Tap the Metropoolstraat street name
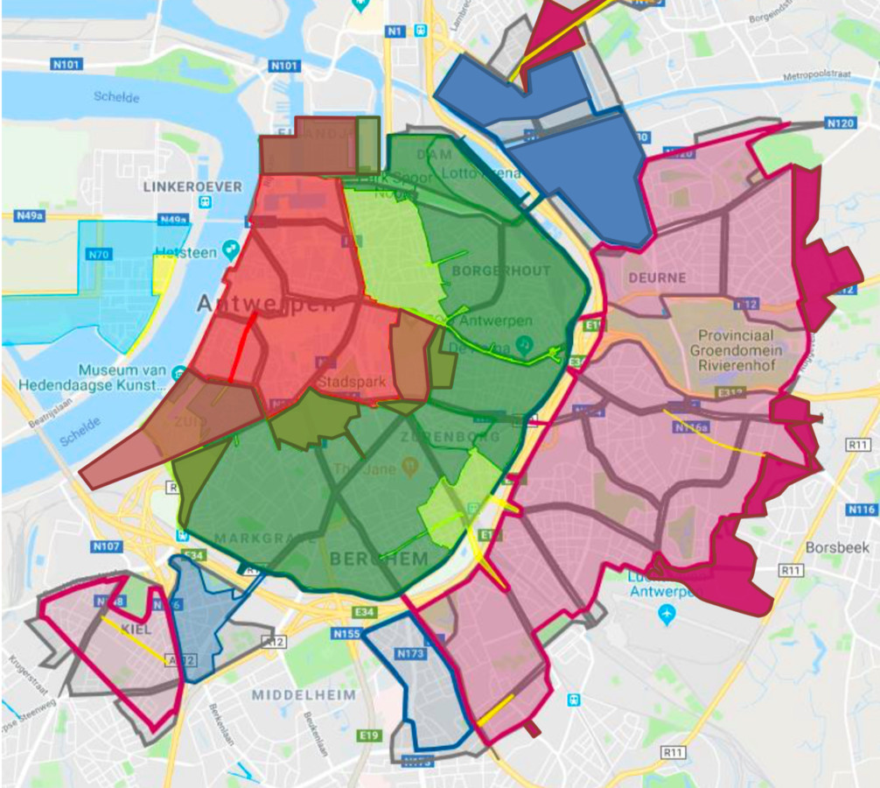tap(824, 76)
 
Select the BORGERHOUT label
tap(501, 271)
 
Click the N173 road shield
tap(409, 653)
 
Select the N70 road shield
tap(99, 256)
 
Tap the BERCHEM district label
tap(379, 559)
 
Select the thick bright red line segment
tap(242, 345)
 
